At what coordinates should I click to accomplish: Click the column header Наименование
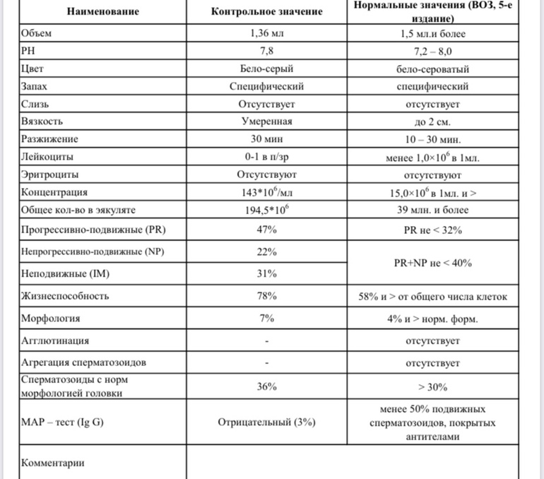[103, 12]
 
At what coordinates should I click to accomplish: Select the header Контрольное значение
[267, 12]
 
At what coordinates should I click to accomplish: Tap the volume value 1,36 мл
[267, 33]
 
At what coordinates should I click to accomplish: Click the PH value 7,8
[267, 51]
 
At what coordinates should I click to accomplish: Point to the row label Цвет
[35, 69]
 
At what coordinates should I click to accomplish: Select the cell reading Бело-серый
[267, 69]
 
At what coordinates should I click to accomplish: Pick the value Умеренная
[267, 122]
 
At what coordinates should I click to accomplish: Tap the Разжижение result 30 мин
[267, 139]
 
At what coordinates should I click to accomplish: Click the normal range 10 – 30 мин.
[432, 139]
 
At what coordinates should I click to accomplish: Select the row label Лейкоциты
[47, 157]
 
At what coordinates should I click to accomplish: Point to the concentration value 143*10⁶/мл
[267, 191]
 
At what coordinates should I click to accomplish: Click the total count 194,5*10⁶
[267, 210]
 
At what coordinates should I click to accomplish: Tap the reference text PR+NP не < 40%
[432, 263]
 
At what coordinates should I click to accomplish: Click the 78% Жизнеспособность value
[267, 296]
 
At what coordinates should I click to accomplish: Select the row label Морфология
[51, 319]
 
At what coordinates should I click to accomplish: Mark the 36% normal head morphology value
[267, 386]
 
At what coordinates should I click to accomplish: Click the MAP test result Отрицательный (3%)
[267, 422]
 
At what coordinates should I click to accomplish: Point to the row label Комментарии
[54, 463]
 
